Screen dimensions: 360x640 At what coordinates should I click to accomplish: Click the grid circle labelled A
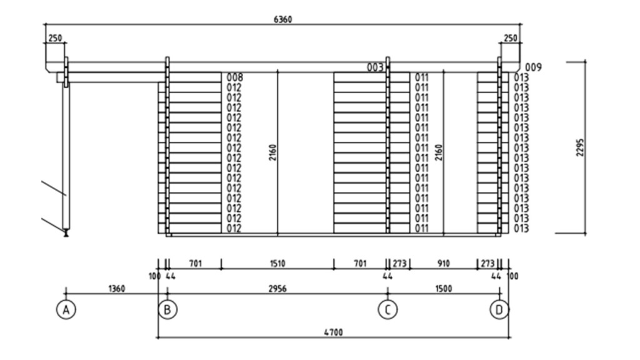pos(66,309)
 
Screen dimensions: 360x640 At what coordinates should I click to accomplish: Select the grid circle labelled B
pos(167,309)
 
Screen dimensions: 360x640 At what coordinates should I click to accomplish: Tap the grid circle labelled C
pos(388,309)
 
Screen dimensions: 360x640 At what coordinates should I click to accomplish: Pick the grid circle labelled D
pos(499,309)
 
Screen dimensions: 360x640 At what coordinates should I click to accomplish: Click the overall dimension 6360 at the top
pos(282,19)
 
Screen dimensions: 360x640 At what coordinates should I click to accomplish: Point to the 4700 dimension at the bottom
pos(334,332)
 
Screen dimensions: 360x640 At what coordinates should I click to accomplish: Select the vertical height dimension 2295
pos(581,147)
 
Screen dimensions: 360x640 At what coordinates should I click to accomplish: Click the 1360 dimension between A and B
pos(117,289)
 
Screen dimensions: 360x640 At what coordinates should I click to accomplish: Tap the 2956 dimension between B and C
pos(277,289)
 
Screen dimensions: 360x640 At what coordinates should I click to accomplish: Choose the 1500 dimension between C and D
pos(443,289)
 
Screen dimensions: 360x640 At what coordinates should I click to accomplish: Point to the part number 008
pos(234,77)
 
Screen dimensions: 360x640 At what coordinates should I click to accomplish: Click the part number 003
pos(375,67)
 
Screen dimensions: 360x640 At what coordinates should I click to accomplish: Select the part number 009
pos(533,67)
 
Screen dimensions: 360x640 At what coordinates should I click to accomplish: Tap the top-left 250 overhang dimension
pos(55,39)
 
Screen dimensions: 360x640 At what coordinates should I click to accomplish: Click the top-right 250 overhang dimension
pos(511,39)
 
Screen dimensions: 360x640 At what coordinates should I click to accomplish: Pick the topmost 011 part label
pos(422,77)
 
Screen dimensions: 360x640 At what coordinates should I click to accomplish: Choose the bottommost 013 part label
pos(521,229)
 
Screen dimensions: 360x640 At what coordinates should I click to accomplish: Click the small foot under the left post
pos(66,234)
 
